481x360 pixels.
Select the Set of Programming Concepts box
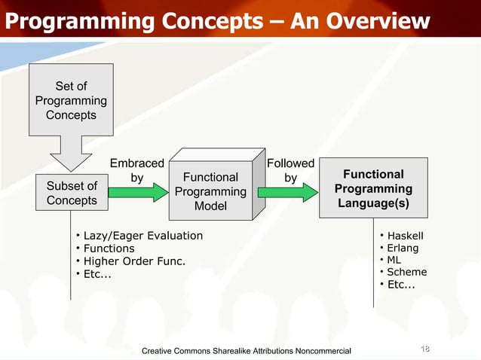(71, 101)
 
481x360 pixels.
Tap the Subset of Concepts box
(72, 193)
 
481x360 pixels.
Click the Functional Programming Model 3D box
(210, 191)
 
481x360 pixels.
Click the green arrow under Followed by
(289, 193)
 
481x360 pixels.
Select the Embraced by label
(136, 171)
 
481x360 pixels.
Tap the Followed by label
(290, 171)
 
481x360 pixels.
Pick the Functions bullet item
(109, 249)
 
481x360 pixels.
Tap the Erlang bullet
(403, 248)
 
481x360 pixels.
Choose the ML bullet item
(395, 260)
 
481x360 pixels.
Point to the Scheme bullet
(406, 272)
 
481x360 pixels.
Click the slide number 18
(424, 348)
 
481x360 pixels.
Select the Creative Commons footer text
(246, 350)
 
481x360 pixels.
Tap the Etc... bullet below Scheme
(400, 284)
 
